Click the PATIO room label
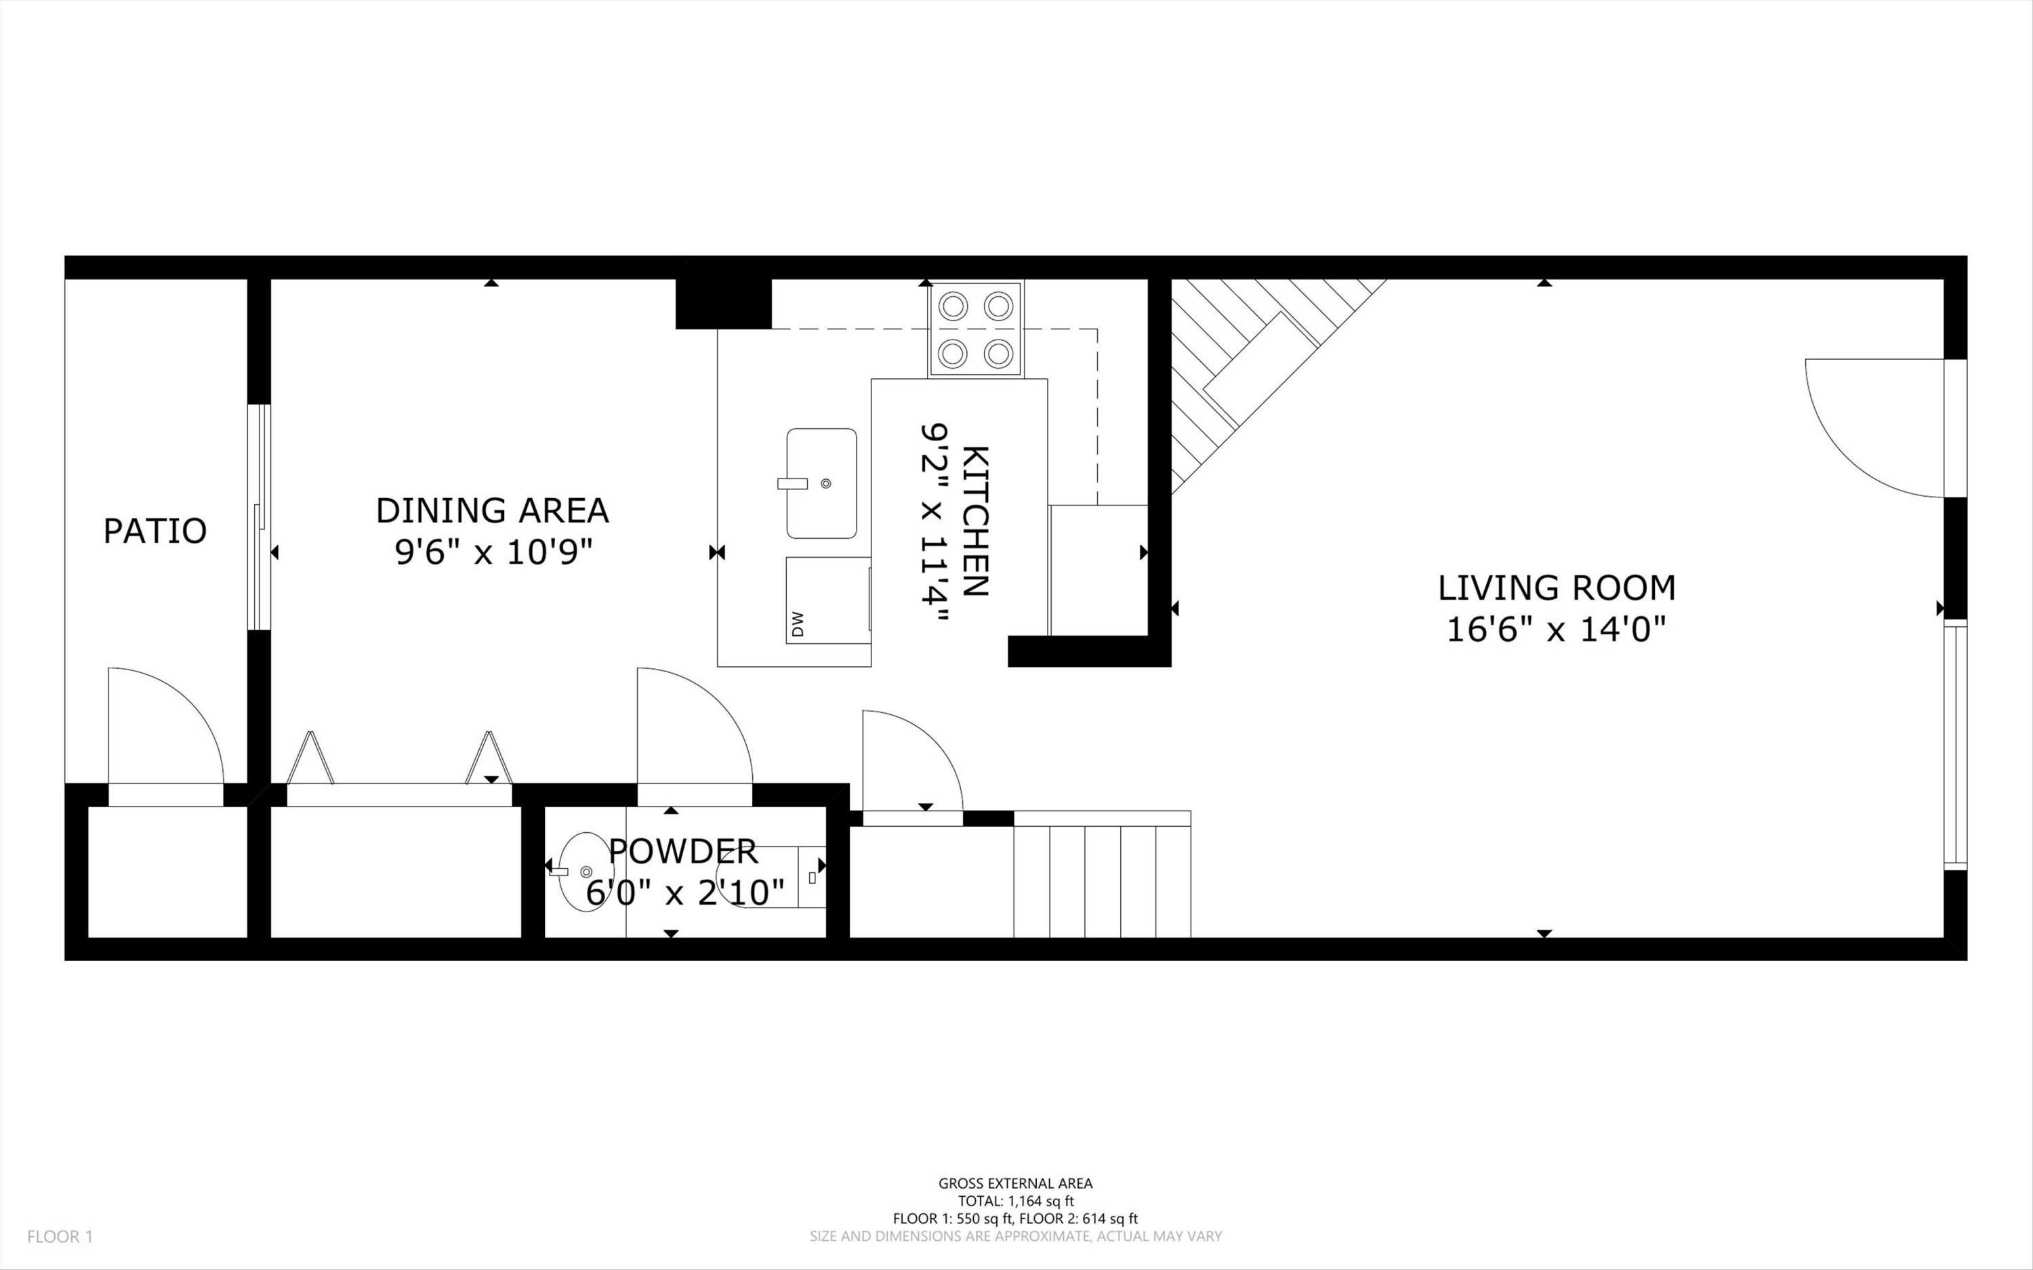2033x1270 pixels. coord(155,531)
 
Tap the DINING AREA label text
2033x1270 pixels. coord(492,511)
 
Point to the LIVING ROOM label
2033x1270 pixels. coord(1556,588)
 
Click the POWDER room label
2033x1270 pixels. coord(682,852)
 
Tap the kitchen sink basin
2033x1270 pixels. coord(821,483)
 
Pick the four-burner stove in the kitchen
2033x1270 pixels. coord(975,329)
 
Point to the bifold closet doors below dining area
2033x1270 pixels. coord(399,760)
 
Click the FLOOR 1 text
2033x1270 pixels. coord(60,1236)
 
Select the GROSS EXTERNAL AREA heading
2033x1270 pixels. coord(1015,1183)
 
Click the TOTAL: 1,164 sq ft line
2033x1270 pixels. coord(1015,1201)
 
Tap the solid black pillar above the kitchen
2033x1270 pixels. coord(723,302)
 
